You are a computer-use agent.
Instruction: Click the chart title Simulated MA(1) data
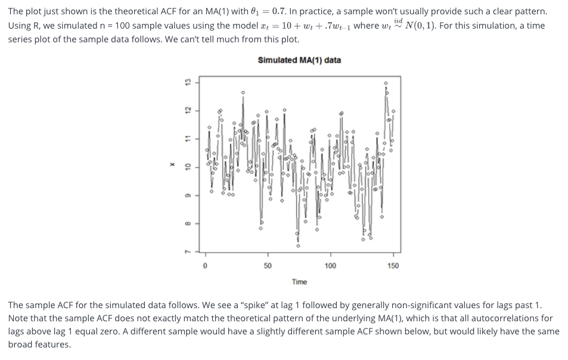pyautogui.click(x=299, y=60)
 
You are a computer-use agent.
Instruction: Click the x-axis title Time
pyautogui.click(x=299, y=281)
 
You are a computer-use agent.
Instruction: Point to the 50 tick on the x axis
pyautogui.click(x=267, y=266)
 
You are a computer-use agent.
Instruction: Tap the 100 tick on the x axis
pyautogui.click(x=330, y=266)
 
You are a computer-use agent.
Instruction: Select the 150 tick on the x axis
pyautogui.click(x=393, y=266)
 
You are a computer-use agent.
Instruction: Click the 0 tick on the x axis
pyautogui.click(x=204, y=266)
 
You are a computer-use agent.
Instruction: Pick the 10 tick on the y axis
pyautogui.click(x=187, y=167)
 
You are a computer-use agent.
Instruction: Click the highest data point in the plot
pyautogui.click(x=385, y=83)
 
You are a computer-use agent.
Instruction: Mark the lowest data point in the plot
pyautogui.click(x=298, y=246)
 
